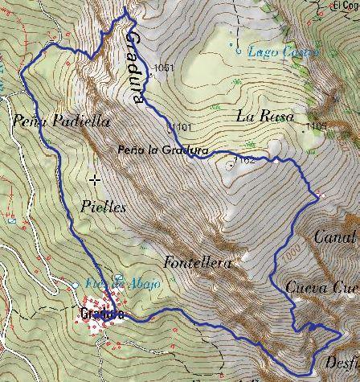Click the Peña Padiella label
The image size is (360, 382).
point(49,121)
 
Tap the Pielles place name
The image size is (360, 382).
point(104,206)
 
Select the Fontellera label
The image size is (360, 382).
point(197,262)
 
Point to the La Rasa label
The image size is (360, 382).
point(257,116)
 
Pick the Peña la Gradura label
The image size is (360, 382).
point(162,150)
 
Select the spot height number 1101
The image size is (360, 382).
point(182,127)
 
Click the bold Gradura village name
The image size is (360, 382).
point(102,314)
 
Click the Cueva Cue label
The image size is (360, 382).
point(321,287)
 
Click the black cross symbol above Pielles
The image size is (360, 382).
point(96,179)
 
